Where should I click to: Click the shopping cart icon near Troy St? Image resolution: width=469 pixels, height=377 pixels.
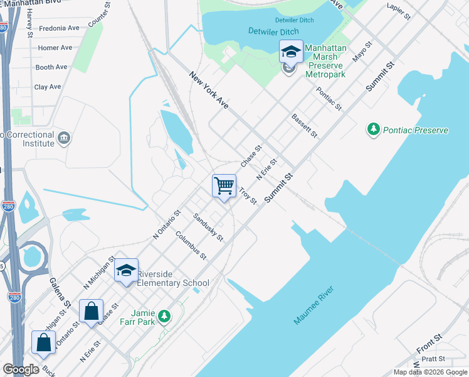point(224,185)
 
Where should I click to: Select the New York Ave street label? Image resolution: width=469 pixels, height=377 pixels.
point(209,91)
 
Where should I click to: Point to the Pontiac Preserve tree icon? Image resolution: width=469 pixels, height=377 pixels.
point(374,129)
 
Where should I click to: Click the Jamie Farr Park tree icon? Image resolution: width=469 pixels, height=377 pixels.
point(164,315)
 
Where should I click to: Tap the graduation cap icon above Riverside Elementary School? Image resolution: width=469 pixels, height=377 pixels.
point(126,270)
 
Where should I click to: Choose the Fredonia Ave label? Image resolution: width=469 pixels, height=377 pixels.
point(59,28)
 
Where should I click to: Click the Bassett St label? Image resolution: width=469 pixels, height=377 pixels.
point(305,126)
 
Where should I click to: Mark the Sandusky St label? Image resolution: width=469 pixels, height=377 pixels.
point(208,227)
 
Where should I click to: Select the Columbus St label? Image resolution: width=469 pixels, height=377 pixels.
point(191,246)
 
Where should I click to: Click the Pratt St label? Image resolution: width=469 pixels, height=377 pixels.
point(433,359)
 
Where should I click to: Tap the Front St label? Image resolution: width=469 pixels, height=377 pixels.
point(429,342)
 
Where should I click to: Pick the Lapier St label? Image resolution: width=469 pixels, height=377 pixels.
point(399,10)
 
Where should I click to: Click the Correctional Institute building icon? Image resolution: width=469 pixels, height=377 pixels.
point(63,138)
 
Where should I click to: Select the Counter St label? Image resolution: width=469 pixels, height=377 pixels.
point(95,17)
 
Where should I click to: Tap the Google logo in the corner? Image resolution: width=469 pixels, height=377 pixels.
point(21,369)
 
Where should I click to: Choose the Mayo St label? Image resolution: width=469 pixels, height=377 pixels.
point(362,52)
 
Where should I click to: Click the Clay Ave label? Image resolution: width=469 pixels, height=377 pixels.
point(48,87)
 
